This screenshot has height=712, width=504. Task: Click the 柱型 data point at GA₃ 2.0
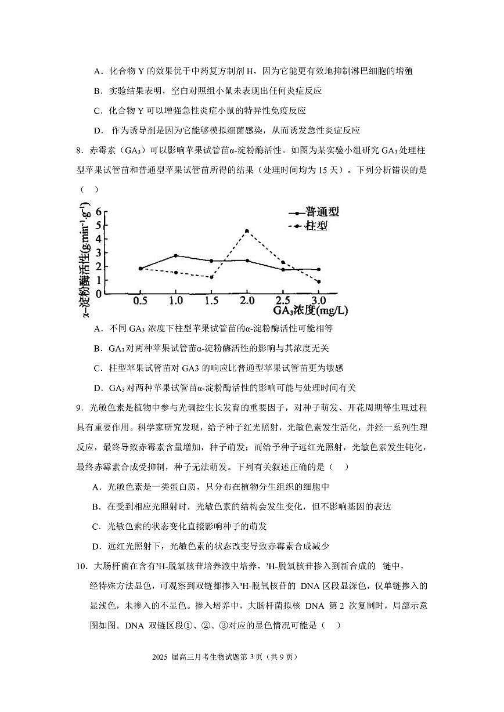point(247,231)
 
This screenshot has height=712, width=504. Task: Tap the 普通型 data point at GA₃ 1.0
point(175,255)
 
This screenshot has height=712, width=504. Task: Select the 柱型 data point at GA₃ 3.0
point(318,281)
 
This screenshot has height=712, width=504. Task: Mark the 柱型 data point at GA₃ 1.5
point(211,277)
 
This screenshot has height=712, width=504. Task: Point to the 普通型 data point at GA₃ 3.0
point(318,269)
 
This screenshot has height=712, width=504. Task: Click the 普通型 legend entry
point(314,212)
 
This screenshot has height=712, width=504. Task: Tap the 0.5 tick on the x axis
point(140,301)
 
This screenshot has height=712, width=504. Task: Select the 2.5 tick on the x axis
point(283,301)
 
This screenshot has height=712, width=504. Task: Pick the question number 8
point(79,151)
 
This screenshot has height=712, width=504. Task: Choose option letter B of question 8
point(97,348)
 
